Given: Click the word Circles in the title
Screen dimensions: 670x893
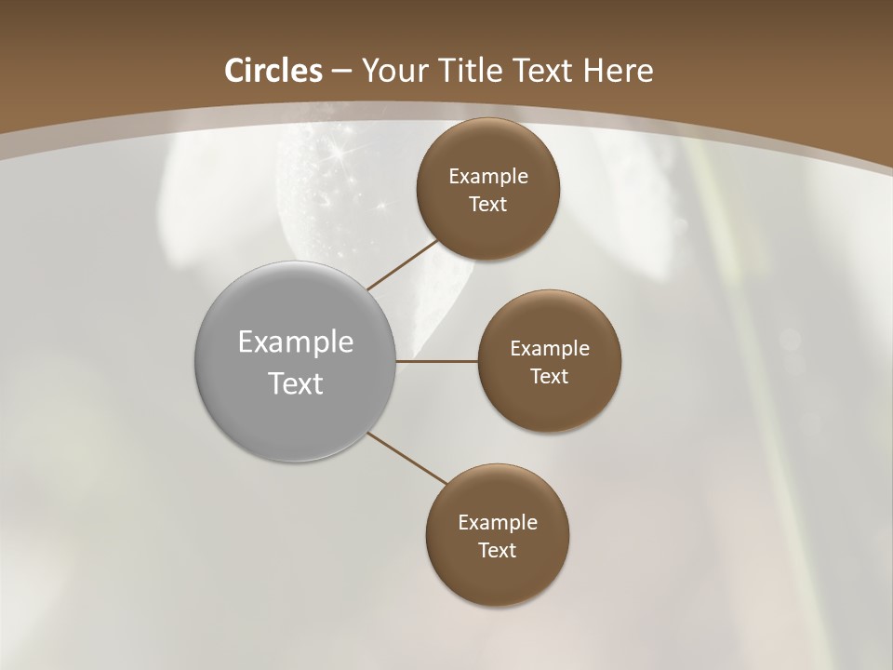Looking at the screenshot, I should point(273,71).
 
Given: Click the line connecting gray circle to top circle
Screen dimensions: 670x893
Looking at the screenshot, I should point(402,264).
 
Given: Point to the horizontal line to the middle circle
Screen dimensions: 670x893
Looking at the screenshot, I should point(436,361).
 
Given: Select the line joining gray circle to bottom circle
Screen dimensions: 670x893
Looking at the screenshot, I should point(407,459).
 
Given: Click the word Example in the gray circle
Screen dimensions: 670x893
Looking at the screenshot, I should point(296,342).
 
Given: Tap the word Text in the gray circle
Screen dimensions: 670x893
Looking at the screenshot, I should point(296,383).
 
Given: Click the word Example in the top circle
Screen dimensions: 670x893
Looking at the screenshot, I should point(488,177).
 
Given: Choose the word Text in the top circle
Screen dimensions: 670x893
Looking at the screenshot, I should point(487,205).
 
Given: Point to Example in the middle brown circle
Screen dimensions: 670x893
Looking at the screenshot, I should point(550,349).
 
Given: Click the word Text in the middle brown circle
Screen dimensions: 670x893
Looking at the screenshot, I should point(549,377).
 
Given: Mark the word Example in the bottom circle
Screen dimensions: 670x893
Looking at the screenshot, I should point(498,523).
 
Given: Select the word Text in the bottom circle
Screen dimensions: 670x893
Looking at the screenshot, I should point(497,551).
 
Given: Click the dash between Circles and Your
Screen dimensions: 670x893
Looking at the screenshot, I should point(340,72).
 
